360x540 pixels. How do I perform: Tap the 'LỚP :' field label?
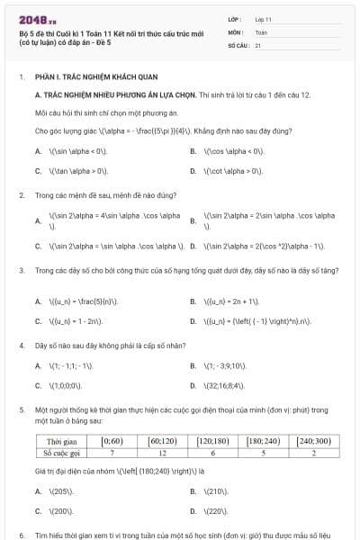[x=235, y=18]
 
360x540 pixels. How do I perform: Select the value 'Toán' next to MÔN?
[x=261, y=31]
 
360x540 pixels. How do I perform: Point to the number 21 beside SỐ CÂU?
[x=258, y=44]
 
